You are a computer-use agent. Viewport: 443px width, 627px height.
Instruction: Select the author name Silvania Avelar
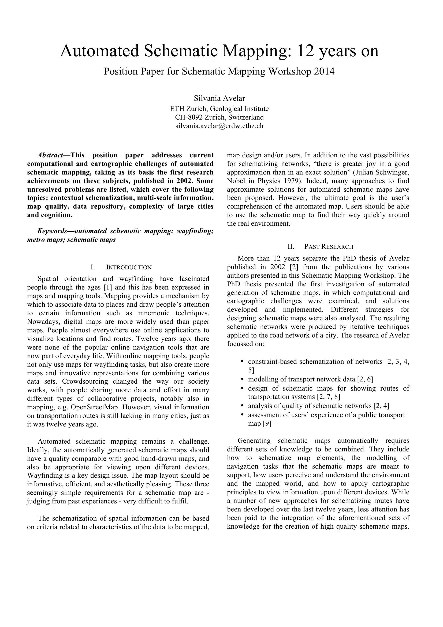click(219, 98)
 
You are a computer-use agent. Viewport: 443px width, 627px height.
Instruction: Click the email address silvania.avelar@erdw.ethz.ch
click(219, 126)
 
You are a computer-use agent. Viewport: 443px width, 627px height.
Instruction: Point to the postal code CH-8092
click(189, 117)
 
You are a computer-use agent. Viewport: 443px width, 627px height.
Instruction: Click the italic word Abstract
click(50, 155)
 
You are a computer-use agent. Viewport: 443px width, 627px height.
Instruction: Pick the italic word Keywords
click(52, 231)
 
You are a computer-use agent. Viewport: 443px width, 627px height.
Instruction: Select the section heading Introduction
click(129, 267)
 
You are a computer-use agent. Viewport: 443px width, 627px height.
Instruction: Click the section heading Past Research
click(329, 247)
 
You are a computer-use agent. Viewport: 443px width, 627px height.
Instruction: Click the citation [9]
click(267, 424)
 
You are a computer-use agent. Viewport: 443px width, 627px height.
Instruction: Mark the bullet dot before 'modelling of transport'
click(242, 379)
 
